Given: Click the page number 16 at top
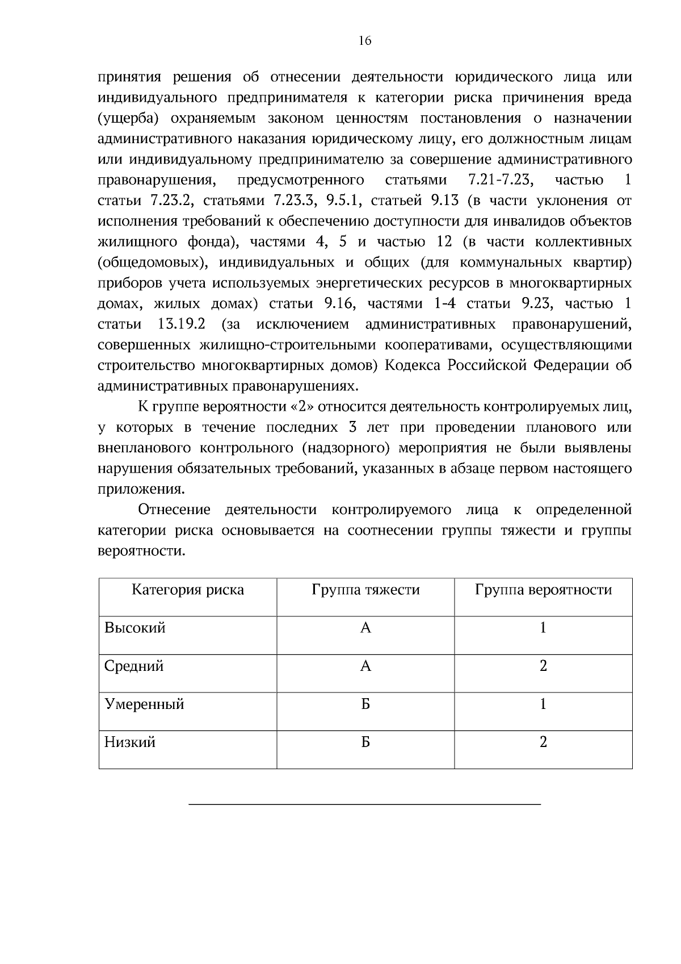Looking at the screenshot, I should pyautogui.click(x=365, y=41).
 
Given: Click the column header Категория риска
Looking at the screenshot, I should pyautogui.click(x=188, y=590).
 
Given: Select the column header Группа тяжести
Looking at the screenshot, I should pyautogui.click(x=365, y=590).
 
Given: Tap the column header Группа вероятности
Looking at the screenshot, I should pyautogui.click(x=543, y=590).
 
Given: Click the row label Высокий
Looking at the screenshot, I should pyautogui.click(x=135, y=628).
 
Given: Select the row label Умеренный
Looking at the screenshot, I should pyautogui.click(x=144, y=704).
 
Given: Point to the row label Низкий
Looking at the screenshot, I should pyautogui.click(x=130, y=742).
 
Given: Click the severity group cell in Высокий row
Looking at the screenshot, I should pyautogui.click(x=365, y=628).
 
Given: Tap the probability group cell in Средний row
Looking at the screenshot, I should pyautogui.click(x=543, y=666).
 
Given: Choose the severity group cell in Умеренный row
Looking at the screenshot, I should pyautogui.click(x=365, y=704).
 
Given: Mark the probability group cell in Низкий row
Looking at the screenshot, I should pyautogui.click(x=543, y=742).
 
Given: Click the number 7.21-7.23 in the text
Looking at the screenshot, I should pyautogui.click(x=500, y=181).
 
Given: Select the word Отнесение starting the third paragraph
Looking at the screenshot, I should pyautogui.click(x=174, y=510).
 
